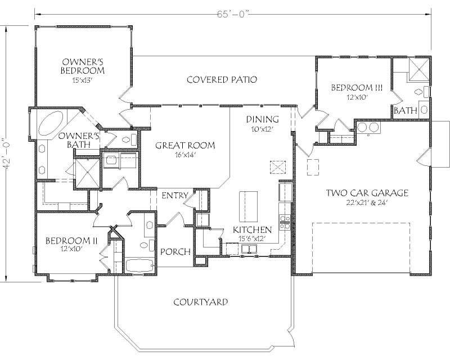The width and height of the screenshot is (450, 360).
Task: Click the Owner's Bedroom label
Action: point(83,66)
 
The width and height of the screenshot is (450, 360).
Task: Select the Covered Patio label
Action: point(222,80)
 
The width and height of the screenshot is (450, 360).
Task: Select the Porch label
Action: point(175,251)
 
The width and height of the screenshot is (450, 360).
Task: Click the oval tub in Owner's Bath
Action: point(50,123)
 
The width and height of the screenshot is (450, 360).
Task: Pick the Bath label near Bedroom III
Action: point(405,111)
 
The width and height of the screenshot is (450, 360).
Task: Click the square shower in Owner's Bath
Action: point(83,170)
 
